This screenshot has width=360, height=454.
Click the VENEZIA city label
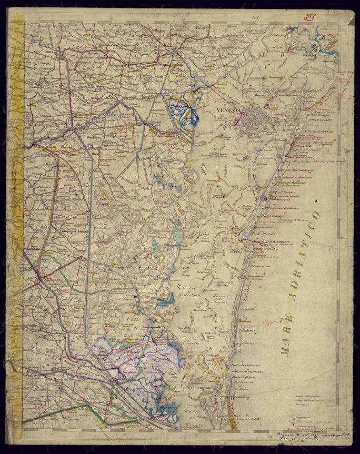click(x=228, y=111)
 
